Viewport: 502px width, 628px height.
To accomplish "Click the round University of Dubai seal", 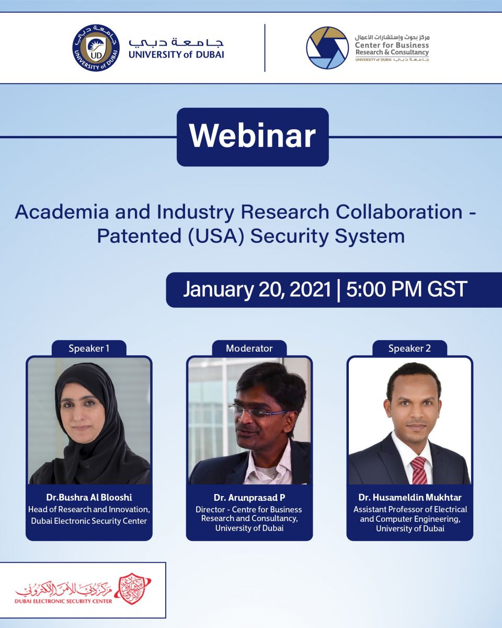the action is [x=96, y=48].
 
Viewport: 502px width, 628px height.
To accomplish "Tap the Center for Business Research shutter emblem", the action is [x=327, y=48].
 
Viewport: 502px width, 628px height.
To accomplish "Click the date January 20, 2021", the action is [x=257, y=289].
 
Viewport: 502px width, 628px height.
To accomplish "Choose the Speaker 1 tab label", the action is [x=89, y=349].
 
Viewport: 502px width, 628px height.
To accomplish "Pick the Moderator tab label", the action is [x=249, y=349].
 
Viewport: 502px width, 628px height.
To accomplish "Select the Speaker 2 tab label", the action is [x=409, y=349].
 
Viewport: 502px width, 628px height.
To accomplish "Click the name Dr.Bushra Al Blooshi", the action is [x=89, y=497].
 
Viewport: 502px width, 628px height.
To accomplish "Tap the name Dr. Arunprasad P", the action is [x=249, y=497].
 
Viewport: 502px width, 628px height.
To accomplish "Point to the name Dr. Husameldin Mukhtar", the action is [x=410, y=497].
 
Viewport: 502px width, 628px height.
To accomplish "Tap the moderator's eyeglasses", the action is [x=257, y=412].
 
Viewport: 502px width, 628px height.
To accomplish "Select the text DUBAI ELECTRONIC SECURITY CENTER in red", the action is [x=63, y=601].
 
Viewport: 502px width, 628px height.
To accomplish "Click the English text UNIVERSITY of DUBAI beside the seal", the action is [x=176, y=54].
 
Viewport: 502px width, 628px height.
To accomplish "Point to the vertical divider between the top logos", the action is [x=265, y=48].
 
